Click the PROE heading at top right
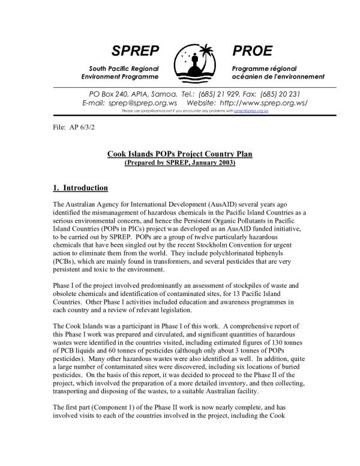point(252,50)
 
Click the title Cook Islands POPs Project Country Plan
point(179,154)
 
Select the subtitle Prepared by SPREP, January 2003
point(179,163)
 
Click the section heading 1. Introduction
point(80,188)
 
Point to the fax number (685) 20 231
point(280,94)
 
